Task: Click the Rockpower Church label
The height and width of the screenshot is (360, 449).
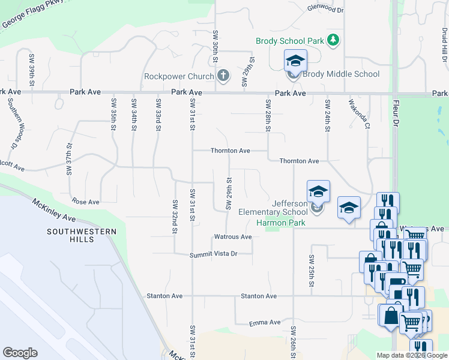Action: click(179, 76)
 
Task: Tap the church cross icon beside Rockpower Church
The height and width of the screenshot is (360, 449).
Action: click(223, 76)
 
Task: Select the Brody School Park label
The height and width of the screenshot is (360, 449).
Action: click(290, 41)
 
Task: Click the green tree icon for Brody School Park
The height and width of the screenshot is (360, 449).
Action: click(333, 41)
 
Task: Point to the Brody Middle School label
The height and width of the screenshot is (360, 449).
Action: click(340, 74)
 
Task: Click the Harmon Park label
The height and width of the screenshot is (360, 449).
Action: click(280, 223)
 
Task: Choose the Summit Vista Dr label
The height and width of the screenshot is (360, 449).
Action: click(214, 254)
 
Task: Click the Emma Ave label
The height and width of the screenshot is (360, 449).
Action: click(265, 322)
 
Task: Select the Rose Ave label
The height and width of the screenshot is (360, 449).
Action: click(85, 202)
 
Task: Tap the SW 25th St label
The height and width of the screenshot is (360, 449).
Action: click(312, 266)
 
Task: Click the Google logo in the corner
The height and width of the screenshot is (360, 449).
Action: click(20, 352)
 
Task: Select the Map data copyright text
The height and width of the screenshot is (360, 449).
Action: click(412, 355)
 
